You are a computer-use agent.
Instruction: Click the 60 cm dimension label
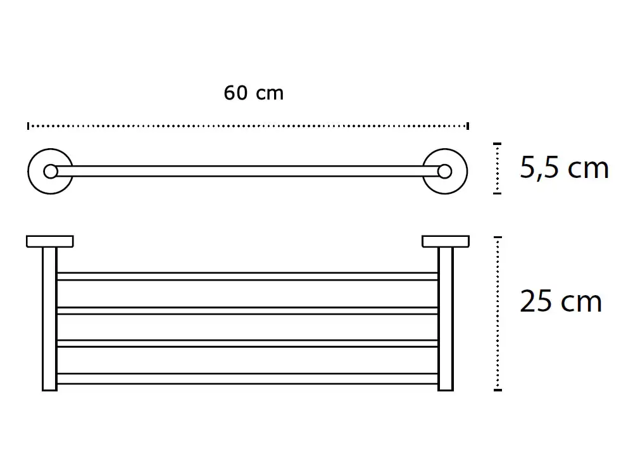click(x=254, y=93)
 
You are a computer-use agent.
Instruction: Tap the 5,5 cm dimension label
click(x=564, y=168)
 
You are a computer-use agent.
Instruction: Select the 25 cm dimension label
click(x=561, y=301)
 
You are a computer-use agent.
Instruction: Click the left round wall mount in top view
click(x=30, y=171)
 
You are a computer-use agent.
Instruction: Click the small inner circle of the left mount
click(x=51, y=171)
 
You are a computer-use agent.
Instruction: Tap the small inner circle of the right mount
click(x=444, y=171)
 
